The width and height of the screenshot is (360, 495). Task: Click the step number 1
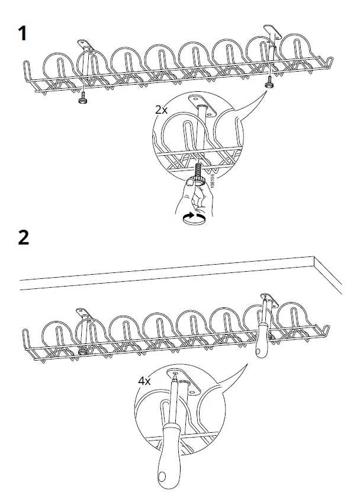(x=22, y=34)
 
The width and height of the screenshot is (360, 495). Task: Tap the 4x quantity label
(x=145, y=381)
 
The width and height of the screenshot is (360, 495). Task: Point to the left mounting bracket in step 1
(x=83, y=44)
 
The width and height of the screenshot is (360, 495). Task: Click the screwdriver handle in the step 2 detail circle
(x=168, y=456)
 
